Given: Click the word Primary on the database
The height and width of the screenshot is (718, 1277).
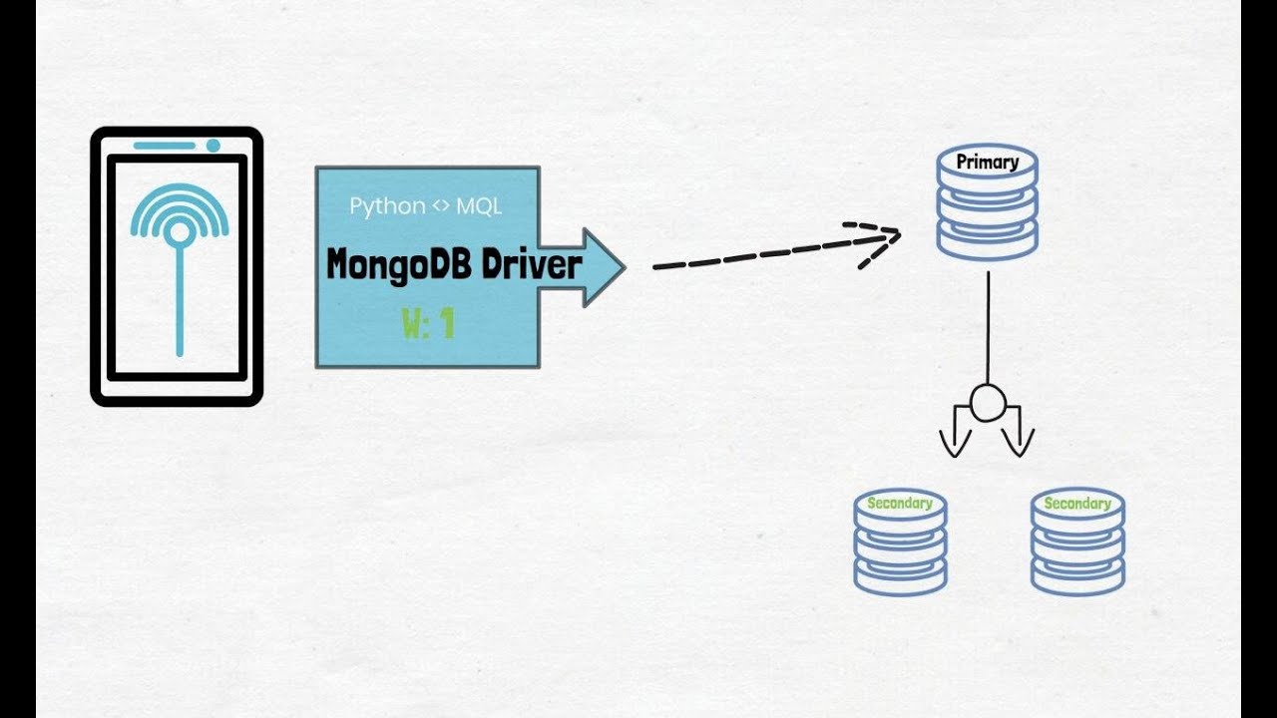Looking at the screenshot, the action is point(987,162).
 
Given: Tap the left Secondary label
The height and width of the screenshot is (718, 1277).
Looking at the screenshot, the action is point(899,504).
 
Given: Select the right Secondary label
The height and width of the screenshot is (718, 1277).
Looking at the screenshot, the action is point(1076,504).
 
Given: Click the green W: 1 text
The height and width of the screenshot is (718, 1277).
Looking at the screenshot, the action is point(428,324).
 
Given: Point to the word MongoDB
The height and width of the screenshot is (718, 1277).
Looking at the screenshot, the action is point(399,266).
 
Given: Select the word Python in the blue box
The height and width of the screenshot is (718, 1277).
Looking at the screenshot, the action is point(386,206).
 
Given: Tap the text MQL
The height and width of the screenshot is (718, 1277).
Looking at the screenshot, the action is point(479,206).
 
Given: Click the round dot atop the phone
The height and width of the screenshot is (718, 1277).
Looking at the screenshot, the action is point(213,146).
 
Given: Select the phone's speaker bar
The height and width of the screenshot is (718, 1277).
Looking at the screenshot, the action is point(164,146).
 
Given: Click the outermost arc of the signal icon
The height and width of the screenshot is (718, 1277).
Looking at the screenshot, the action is point(180,191).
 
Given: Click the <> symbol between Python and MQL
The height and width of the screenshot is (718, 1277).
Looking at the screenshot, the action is point(441,206).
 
